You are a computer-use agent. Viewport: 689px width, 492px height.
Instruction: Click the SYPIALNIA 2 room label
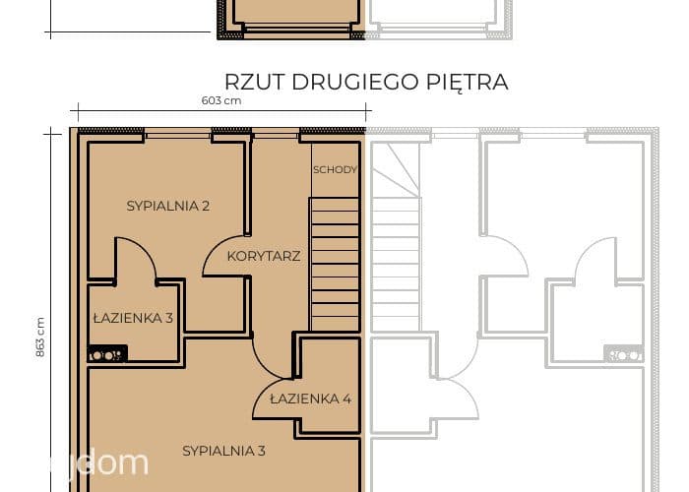(x=168, y=206)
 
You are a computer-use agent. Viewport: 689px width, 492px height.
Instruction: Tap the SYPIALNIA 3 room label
(x=223, y=451)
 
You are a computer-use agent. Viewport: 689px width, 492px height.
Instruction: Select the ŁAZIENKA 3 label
(x=133, y=318)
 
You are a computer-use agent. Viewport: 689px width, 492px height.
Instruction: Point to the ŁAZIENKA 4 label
(x=310, y=399)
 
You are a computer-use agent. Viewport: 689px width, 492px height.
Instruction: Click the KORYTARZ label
(x=264, y=256)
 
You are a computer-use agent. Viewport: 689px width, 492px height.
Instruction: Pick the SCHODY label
(x=335, y=169)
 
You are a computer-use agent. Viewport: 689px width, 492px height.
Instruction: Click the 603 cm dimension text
(x=221, y=100)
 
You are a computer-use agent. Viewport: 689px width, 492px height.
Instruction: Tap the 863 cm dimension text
(x=40, y=337)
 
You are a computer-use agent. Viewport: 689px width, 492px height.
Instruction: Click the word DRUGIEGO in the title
(x=355, y=82)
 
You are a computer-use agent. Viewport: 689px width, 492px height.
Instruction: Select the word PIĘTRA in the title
(x=468, y=82)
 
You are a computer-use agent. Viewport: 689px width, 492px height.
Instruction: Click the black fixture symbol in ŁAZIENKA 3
(x=107, y=353)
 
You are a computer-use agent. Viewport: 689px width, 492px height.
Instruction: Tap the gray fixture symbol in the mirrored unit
(x=623, y=354)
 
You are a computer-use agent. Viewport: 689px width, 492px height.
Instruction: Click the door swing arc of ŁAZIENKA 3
(x=144, y=249)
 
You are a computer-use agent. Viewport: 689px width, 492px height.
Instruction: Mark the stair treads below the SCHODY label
(x=335, y=264)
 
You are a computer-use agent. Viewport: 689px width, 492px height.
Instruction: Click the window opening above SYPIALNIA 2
(x=177, y=133)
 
